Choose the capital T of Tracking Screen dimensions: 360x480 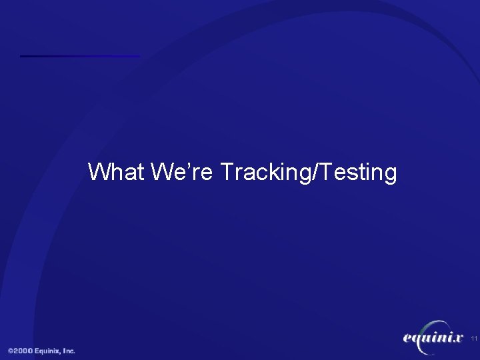(x=227, y=172)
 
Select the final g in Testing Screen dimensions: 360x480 (x=390, y=175)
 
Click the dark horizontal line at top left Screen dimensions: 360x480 (x=80, y=56)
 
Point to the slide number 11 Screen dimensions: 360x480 (x=474, y=339)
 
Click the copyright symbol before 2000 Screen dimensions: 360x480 (x=11, y=351)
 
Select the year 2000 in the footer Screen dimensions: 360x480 (x=25, y=351)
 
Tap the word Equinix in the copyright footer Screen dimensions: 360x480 (x=49, y=351)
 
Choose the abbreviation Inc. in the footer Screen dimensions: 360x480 (x=69, y=351)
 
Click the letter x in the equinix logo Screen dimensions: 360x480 (x=457, y=339)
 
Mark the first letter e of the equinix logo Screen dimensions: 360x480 (x=409, y=339)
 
